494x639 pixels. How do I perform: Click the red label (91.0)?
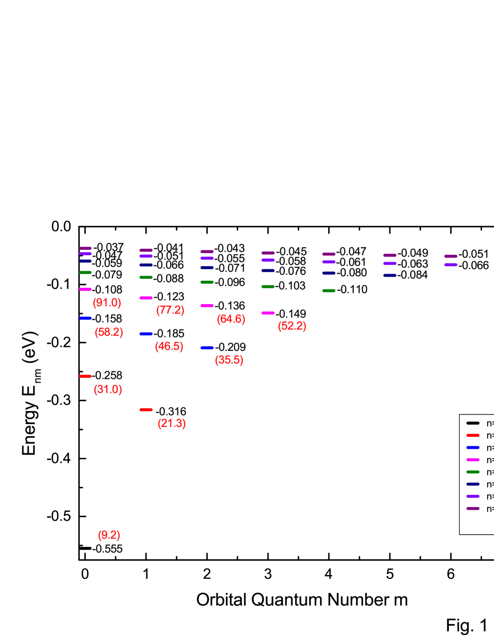(107, 303)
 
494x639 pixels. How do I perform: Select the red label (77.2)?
(170, 310)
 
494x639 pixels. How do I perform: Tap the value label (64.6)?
(231, 319)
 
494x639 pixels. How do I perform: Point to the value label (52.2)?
(292, 326)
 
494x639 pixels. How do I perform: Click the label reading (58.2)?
(109, 332)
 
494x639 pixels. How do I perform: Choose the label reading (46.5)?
(169, 346)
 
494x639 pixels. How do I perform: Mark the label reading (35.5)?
(229, 360)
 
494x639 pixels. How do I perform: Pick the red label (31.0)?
(108, 389)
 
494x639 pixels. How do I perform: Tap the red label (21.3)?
(172, 424)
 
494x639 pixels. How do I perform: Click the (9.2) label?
(109, 535)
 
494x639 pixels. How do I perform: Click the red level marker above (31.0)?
(85, 376)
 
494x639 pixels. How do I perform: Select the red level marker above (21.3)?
(146, 410)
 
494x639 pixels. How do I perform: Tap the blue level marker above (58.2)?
(85, 318)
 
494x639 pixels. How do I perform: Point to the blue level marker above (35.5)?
(207, 348)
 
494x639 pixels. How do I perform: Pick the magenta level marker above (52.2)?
(268, 313)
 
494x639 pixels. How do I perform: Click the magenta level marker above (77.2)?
(146, 298)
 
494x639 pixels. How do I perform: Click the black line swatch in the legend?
(473, 423)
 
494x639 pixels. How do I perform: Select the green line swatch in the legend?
(473, 472)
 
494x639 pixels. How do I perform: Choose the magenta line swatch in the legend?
(473, 460)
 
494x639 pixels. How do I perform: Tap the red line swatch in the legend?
(473, 435)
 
